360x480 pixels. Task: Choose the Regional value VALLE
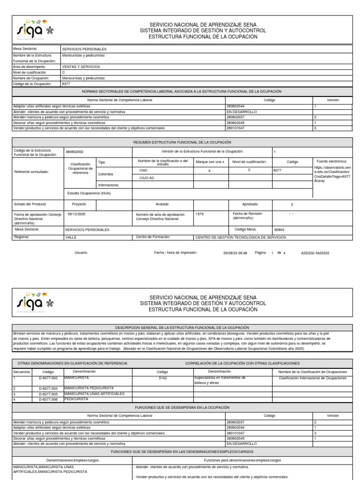71,238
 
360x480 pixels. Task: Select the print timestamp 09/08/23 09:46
235,253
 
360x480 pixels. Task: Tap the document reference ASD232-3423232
315,253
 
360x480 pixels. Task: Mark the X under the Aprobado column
292,205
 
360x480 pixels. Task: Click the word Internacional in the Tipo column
108,185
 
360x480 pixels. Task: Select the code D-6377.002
48,378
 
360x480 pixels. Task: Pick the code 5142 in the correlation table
163,378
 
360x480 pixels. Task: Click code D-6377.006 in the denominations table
48,399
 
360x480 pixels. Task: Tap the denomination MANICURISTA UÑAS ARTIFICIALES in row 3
94,394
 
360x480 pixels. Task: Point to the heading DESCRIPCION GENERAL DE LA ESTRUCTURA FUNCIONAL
182,327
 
